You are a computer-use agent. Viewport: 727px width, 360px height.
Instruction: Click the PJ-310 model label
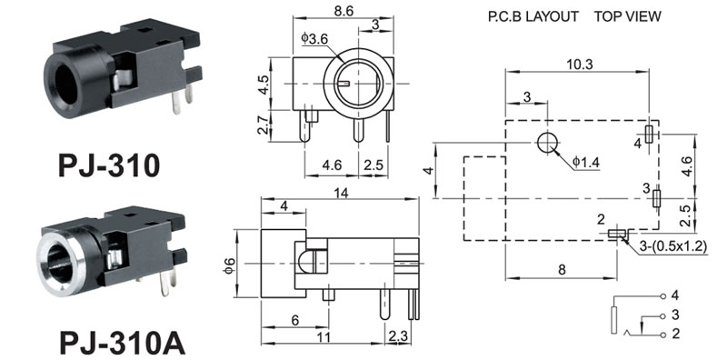pyautogui.click(x=109, y=165)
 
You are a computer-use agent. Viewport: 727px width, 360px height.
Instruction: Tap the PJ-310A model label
pyautogui.click(x=123, y=343)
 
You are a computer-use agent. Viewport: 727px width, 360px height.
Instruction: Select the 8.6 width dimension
pyautogui.click(x=344, y=11)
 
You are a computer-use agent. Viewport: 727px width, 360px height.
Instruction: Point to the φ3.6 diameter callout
pyautogui.click(x=314, y=39)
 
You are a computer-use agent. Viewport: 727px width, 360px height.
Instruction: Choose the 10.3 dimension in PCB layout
pyautogui.click(x=579, y=65)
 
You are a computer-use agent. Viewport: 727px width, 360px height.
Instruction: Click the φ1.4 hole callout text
pyautogui.click(x=585, y=163)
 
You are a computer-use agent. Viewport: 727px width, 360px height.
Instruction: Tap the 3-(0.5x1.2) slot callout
pyautogui.click(x=672, y=247)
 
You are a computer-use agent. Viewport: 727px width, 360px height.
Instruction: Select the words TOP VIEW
pyautogui.click(x=628, y=16)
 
